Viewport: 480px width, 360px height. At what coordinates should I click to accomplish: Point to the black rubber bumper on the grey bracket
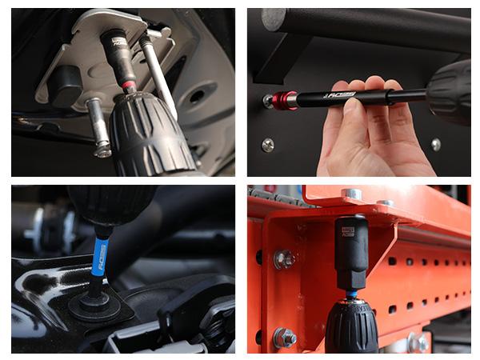coord(65,85)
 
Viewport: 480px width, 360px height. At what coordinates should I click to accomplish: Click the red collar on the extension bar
coord(285,100)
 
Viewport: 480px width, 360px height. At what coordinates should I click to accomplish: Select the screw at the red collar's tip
coord(268,102)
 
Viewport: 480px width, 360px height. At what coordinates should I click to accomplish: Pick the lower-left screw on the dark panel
coord(267,145)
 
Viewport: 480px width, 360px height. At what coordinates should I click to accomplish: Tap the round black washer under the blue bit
coord(94,306)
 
